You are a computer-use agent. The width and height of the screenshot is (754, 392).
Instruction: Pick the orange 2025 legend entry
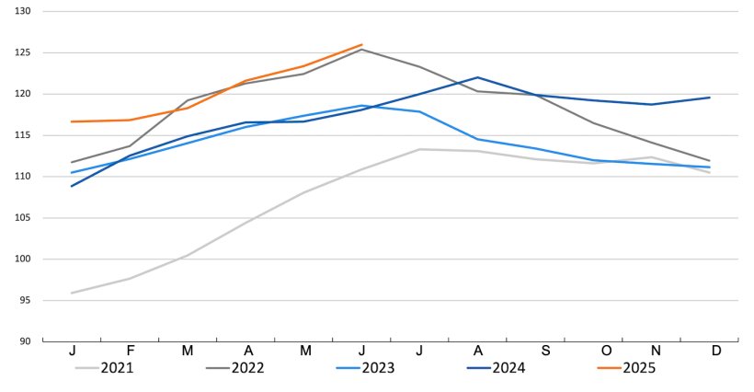[x=641, y=367]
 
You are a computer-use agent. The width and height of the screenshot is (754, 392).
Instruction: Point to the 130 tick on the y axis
[x=23, y=11]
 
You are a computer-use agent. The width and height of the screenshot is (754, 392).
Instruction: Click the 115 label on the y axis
[x=23, y=135]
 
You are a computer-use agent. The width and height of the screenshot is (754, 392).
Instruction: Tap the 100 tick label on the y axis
[x=23, y=259]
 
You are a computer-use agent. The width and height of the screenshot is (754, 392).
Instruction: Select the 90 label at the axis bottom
[x=25, y=341]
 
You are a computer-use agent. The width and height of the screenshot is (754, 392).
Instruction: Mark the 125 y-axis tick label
[x=23, y=52]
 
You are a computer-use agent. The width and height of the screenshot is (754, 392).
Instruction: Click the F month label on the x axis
[x=131, y=351]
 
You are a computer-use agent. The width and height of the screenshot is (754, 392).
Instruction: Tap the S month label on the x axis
[x=545, y=351]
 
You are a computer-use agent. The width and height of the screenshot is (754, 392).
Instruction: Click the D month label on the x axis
[x=715, y=351]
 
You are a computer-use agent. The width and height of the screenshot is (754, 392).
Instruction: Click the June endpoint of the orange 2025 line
[x=362, y=44]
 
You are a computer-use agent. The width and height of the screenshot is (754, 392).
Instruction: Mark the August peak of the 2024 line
[x=477, y=77]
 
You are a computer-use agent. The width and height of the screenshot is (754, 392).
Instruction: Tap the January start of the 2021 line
[x=72, y=293]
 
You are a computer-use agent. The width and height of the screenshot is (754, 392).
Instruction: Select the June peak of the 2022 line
[x=362, y=49]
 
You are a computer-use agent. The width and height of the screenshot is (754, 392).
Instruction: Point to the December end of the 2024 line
[x=710, y=98]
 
